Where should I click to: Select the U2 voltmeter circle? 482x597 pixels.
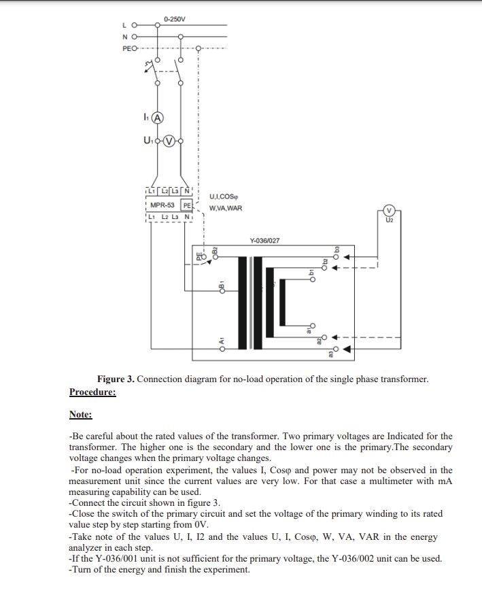[389, 210]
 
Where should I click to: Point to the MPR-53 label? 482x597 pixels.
[162, 205]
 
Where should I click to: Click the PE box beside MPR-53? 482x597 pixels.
[186, 205]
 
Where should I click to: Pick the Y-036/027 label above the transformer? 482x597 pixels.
[264, 241]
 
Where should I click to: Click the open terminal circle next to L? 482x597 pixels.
[134, 27]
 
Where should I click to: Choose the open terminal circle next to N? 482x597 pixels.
[134, 37]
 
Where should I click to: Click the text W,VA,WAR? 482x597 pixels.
[226, 208]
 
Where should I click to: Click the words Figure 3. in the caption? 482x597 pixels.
[116, 379]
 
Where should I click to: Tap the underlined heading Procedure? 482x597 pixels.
[92, 392]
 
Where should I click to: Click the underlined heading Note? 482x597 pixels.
[80, 414]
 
